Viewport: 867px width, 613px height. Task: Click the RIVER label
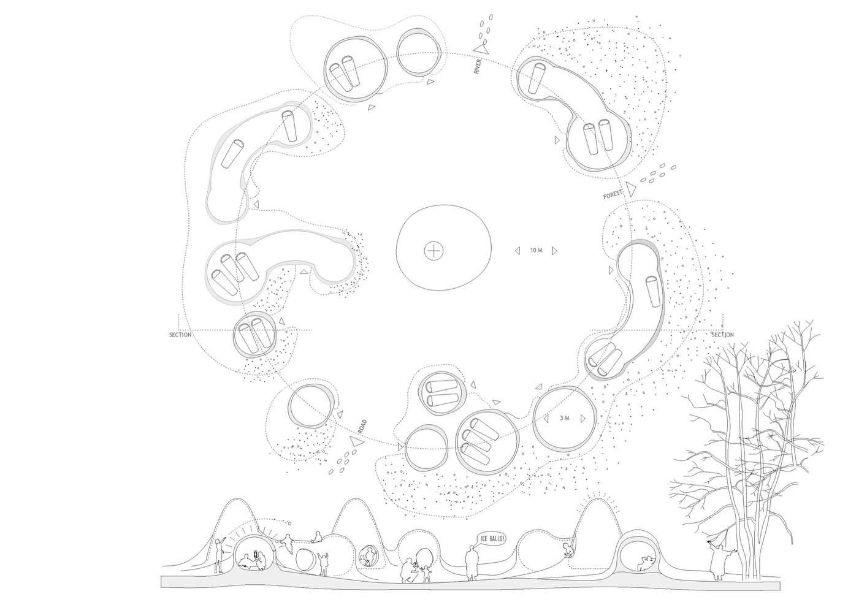[477, 66]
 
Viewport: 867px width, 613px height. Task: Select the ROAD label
[362, 426]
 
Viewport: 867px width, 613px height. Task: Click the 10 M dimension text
[537, 250]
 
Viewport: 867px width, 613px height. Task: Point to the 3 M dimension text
[565, 418]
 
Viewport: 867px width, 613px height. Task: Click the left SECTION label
[180, 335]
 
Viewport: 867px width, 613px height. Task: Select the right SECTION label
[722, 335]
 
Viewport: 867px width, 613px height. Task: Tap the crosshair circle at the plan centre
[434, 251]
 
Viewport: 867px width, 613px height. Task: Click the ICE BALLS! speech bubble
[492, 538]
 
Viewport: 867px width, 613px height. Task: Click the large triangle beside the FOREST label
[632, 189]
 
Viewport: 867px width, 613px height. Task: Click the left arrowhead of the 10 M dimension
[517, 251]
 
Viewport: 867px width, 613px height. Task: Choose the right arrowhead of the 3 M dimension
[583, 419]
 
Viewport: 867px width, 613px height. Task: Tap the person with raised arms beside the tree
[718, 560]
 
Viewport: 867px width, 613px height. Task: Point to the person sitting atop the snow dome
[317, 537]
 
